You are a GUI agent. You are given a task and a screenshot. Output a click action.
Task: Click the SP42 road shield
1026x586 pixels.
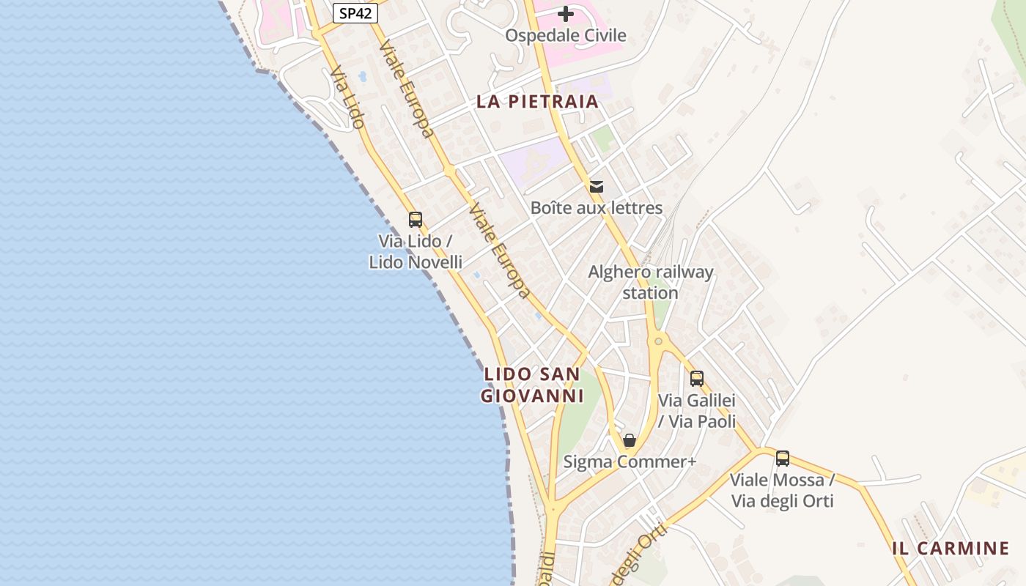[x=355, y=13]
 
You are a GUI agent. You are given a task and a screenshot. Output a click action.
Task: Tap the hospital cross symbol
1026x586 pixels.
[x=566, y=14]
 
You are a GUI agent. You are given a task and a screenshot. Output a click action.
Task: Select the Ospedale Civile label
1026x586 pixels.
[x=566, y=35]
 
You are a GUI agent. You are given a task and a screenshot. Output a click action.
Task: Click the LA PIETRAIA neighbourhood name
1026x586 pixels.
[x=538, y=102]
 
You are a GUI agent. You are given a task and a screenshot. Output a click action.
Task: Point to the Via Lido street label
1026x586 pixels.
[x=347, y=97]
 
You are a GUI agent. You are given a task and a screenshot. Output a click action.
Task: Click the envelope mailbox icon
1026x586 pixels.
[x=597, y=187]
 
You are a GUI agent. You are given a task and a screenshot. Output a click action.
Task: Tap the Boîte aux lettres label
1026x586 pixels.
[x=597, y=208]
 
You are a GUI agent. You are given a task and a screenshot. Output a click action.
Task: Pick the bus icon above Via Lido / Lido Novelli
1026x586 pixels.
[x=416, y=219]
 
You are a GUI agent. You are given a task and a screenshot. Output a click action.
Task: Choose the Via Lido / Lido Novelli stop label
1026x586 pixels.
[x=416, y=251]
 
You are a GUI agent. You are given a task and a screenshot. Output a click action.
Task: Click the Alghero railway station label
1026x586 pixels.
[x=651, y=282]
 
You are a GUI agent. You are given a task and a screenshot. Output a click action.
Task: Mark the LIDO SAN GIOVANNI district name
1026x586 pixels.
[x=532, y=385]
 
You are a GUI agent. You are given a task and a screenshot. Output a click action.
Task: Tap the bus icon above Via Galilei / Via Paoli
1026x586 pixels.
[x=697, y=379]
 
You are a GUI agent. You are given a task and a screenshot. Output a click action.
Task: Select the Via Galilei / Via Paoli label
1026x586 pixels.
[x=697, y=411]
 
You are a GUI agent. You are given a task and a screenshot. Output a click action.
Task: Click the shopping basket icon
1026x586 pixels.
[x=629, y=440]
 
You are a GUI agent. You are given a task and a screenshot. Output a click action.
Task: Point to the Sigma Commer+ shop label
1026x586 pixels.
[x=629, y=462]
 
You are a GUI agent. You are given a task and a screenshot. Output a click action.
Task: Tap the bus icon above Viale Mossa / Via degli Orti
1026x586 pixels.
[x=783, y=459]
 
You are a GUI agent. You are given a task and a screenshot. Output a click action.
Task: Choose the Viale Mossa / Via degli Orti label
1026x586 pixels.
[x=783, y=491]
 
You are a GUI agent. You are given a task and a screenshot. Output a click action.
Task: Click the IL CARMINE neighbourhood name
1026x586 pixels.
[x=951, y=548]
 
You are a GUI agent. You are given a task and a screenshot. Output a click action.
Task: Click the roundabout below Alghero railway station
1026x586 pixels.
[x=658, y=341]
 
